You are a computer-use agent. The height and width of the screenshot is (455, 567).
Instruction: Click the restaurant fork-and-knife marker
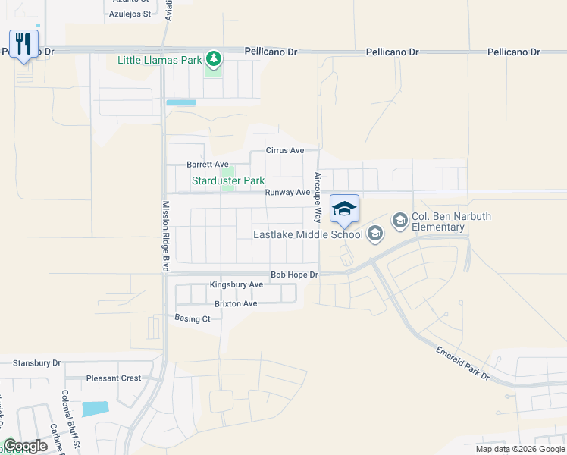[x=23, y=43]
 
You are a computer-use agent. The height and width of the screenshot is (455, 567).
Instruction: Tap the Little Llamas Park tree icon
[x=215, y=58]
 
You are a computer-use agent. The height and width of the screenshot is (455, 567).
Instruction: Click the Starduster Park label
[x=227, y=180]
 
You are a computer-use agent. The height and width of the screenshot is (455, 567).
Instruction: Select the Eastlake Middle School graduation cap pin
[x=344, y=209]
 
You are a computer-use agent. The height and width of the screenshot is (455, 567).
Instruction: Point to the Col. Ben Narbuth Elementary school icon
[x=399, y=220]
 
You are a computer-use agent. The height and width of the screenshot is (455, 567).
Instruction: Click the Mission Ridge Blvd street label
[x=164, y=236]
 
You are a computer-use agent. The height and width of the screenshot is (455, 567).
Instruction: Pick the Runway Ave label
[x=287, y=193]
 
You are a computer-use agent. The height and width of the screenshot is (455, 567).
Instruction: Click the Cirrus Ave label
[x=284, y=150]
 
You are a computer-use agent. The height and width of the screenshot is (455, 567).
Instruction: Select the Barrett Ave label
[x=208, y=164]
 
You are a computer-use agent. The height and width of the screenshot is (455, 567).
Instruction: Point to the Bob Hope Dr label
[x=294, y=275]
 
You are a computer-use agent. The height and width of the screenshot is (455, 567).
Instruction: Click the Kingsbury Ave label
[x=237, y=285]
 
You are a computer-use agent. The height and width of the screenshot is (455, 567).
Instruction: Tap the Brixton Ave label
[x=236, y=303]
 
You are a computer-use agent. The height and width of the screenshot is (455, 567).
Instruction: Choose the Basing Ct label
[x=193, y=318]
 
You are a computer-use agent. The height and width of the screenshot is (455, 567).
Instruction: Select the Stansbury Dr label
[x=36, y=363]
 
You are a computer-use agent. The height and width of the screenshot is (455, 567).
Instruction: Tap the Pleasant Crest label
[x=114, y=378]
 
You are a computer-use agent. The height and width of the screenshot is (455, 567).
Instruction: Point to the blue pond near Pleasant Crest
[x=96, y=408]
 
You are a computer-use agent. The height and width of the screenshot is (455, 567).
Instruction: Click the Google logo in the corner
[x=26, y=446]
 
